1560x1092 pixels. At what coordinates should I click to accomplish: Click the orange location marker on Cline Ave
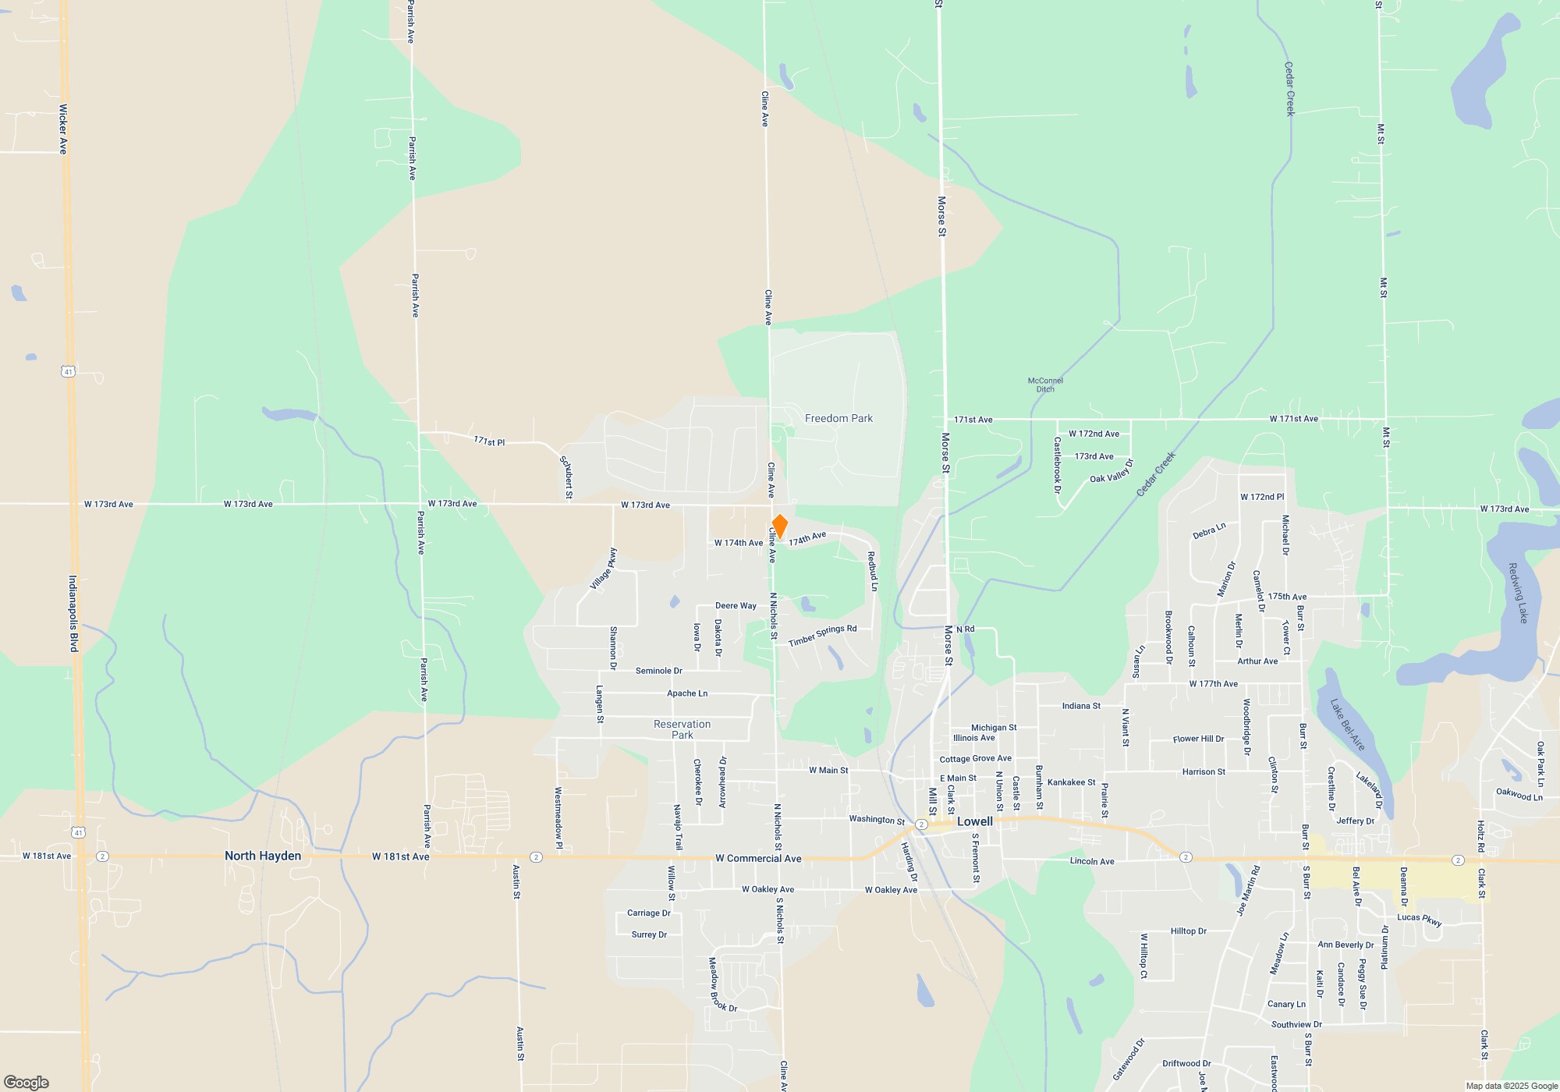pyautogui.click(x=779, y=526)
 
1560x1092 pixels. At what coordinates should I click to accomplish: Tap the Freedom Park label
pyautogui.click(x=838, y=419)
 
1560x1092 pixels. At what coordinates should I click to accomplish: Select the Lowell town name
pyautogui.click(x=975, y=821)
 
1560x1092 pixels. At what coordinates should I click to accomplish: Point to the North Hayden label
pyautogui.click(x=263, y=856)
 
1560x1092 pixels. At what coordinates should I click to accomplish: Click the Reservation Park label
pyautogui.click(x=682, y=729)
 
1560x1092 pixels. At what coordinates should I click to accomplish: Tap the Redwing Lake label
pyautogui.click(x=1518, y=593)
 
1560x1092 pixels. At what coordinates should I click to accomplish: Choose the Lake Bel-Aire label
pyautogui.click(x=1348, y=725)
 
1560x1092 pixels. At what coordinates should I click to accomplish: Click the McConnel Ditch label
pyautogui.click(x=1045, y=385)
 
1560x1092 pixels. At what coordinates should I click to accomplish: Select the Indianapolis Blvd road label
pyautogui.click(x=73, y=614)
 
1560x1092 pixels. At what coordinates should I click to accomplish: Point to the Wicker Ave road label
pyautogui.click(x=63, y=129)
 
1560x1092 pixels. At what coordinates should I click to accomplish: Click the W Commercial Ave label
pyautogui.click(x=758, y=859)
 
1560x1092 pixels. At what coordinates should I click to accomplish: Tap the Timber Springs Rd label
pyautogui.click(x=822, y=636)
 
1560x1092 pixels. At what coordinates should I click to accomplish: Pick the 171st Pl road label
pyautogui.click(x=489, y=441)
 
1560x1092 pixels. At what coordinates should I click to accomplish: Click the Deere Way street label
pyautogui.click(x=736, y=606)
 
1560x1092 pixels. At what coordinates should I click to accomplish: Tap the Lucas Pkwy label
pyautogui.click(x=1420, y=920)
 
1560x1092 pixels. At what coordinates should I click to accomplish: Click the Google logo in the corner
pyautogui.click(x=27, y=1082)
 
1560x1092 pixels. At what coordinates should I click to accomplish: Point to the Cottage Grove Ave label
pyautogui.click(x=975, y=758)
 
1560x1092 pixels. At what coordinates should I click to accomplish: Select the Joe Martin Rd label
pyautogui.click(x=1248, y=890)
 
